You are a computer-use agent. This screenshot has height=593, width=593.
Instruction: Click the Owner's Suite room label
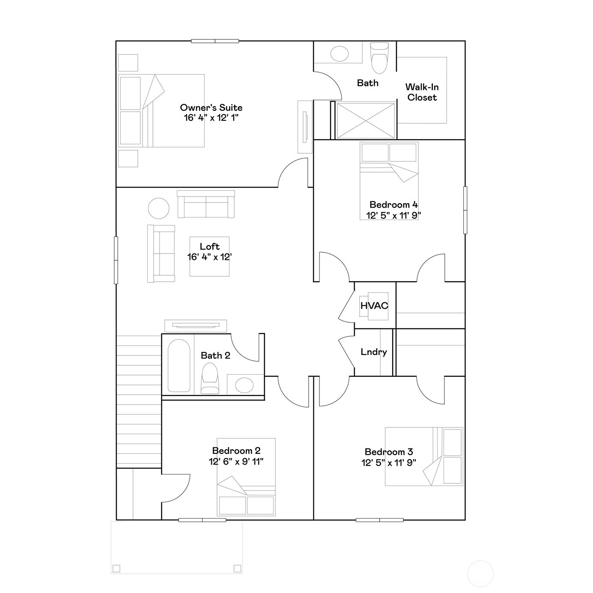pyautogui.click(x=211, y=108)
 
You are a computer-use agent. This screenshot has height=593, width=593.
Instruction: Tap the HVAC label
pyautogui.click(x=374, y=306)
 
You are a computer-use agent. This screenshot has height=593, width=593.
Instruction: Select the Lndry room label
pyautogui.click(x=373, y=352)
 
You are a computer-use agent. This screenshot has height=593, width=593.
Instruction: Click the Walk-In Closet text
pyautogui.click(x=422, y=92)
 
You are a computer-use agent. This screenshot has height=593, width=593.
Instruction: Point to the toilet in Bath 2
pyautogui.click(x=210, y=378)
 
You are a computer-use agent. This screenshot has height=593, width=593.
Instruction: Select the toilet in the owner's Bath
pyautogui.click(x=379, y=58)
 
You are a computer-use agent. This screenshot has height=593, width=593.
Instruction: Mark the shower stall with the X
pyautogui.click(x=366, y=120)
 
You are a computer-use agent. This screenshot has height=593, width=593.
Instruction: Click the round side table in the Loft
pyautogui.click(x=158, y=209)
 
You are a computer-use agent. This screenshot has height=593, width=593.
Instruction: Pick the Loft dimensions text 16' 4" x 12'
pyautogui.click(x=209, y=257)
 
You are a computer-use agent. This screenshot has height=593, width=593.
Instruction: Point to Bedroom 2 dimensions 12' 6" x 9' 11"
pyautogui.click(x=236, y=461)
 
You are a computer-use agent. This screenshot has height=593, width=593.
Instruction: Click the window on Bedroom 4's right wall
pyautogui.click(x=465, y=210)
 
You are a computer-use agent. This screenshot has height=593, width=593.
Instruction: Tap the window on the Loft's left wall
pyautogui.click(x=116, y=260)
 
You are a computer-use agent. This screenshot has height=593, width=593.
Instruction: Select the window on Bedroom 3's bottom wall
pyautogui.click(x=379, y=520)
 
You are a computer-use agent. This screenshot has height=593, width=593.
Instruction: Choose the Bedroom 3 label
pyautogui.click(x=388, y=452)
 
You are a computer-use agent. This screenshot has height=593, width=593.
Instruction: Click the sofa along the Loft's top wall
pyautogui.click(x=206, y=205)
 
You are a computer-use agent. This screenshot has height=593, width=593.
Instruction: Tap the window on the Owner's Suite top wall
pyautogui.click(x=215, y=41)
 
